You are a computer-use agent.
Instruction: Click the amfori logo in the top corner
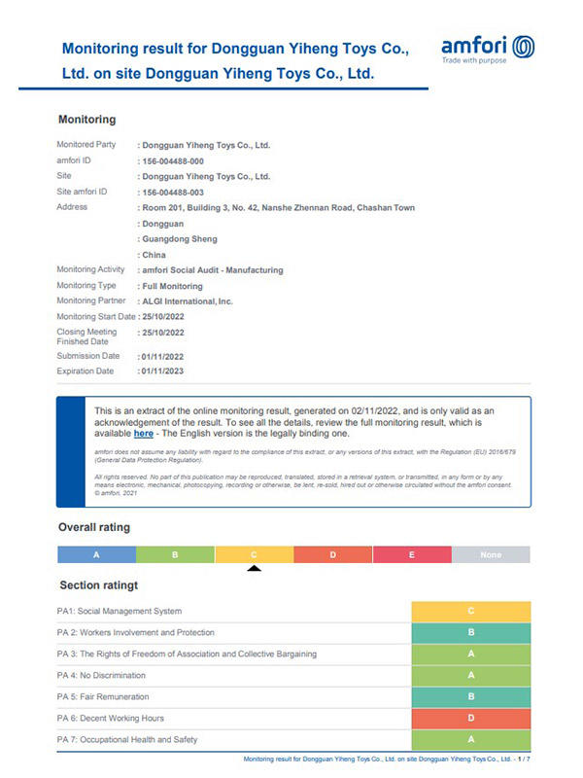pos(487,49)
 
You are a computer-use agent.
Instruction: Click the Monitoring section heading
pos(87,120)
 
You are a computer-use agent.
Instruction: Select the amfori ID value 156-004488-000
pos(173,160)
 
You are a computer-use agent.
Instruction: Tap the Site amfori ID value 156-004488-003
pos(173,192)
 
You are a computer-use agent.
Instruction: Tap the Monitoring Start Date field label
pos(95,317)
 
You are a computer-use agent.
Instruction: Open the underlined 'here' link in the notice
pos(143,433)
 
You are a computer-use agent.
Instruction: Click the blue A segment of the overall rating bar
pos(96,554)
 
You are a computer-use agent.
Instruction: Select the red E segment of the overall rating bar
pos(412,554)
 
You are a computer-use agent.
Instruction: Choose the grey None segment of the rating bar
pos(491,554)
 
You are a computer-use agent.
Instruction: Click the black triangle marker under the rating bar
pos(254,569)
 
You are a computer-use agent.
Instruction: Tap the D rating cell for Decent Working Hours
pos(471,718)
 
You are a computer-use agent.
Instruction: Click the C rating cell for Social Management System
pos(471,611)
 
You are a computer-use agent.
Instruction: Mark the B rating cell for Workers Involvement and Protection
pos(471,632)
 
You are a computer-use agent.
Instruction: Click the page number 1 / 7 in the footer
pos(524,759)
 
